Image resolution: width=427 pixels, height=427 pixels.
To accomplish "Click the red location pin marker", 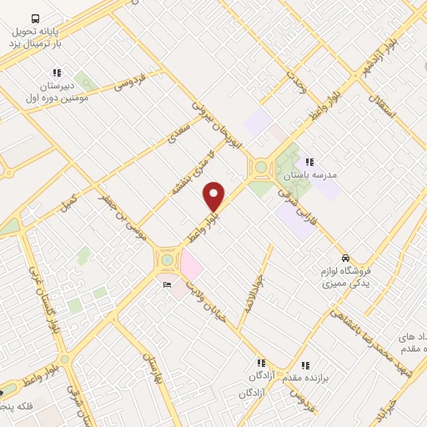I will (214, 196).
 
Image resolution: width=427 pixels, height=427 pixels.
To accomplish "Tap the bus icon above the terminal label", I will (35, 18).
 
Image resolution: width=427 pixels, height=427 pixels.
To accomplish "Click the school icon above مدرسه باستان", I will (309, 162).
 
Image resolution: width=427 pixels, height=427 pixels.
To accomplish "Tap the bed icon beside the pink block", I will (168, 285).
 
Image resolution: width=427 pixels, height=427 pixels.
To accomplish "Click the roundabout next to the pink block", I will (168, 260).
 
